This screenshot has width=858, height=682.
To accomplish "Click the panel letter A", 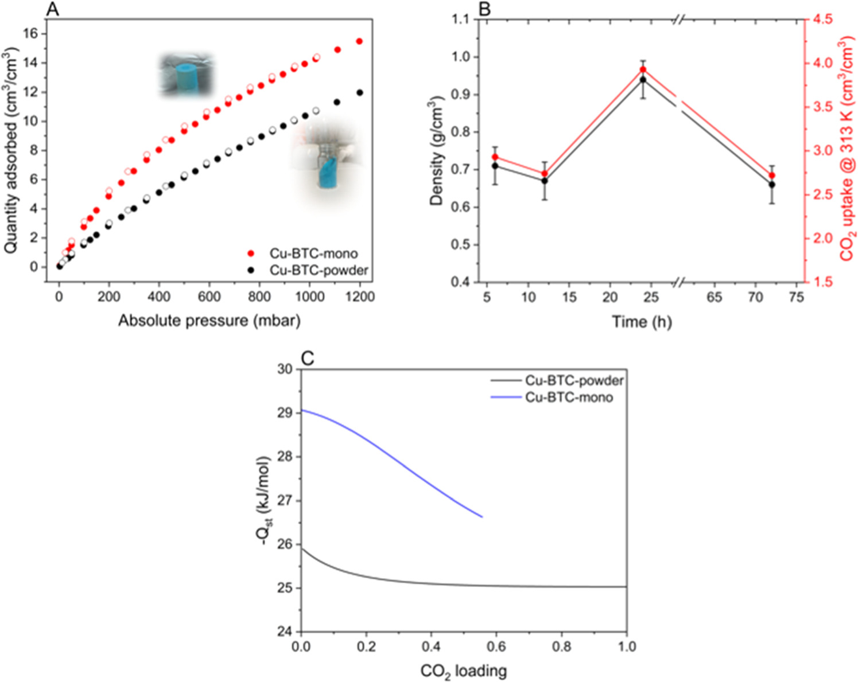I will tap(52, 10).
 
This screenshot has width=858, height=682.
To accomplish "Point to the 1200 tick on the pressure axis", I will tap(359, 297).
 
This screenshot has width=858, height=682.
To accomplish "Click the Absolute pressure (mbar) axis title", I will tap(209, 320).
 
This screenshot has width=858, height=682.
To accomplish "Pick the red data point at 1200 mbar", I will tap(360, 41).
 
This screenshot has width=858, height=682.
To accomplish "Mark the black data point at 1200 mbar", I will tap(360, 92).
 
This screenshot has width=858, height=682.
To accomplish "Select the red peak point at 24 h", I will tap(643, 70).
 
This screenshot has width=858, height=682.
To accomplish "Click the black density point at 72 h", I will tap(772, 185).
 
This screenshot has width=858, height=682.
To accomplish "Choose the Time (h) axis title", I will tap(642, 322).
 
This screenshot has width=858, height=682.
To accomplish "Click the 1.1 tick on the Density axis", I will tap(461, 20).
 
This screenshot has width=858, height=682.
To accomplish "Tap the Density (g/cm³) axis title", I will tap(437, 151).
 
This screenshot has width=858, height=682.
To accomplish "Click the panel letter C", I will tap(307, 358).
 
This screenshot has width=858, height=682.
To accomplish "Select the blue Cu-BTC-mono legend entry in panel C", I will tap(568, 397).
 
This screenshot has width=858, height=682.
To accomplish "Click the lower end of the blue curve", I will tap(482, 517).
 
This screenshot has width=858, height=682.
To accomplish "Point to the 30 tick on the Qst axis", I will tap(285, 369).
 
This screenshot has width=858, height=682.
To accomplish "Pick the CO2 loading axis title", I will tap(463, 671).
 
